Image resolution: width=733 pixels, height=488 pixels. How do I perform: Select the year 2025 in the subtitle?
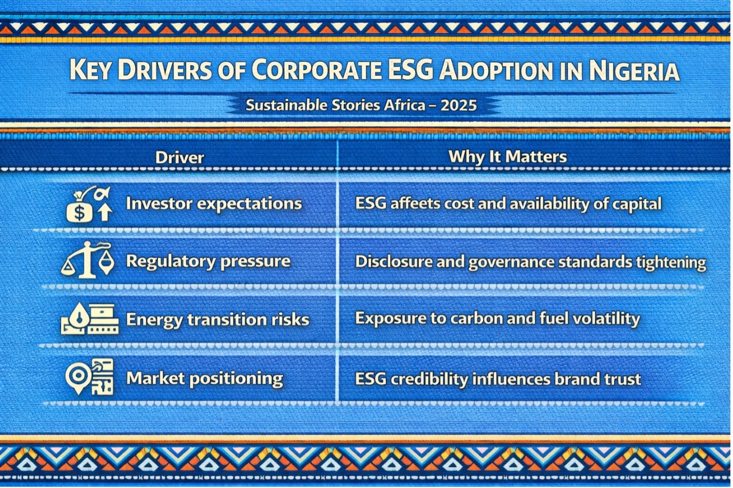point(459,105)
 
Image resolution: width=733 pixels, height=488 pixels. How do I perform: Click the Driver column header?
point(179,157)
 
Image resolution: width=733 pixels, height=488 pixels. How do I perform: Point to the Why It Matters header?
point(507,157)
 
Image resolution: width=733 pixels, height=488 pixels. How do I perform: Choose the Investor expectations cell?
point(213,204)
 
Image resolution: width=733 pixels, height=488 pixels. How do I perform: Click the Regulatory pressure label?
point(208,261)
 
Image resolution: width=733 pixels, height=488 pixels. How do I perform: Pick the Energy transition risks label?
point(217,320)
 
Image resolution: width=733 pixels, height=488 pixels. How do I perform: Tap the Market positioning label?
point(204,378)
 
